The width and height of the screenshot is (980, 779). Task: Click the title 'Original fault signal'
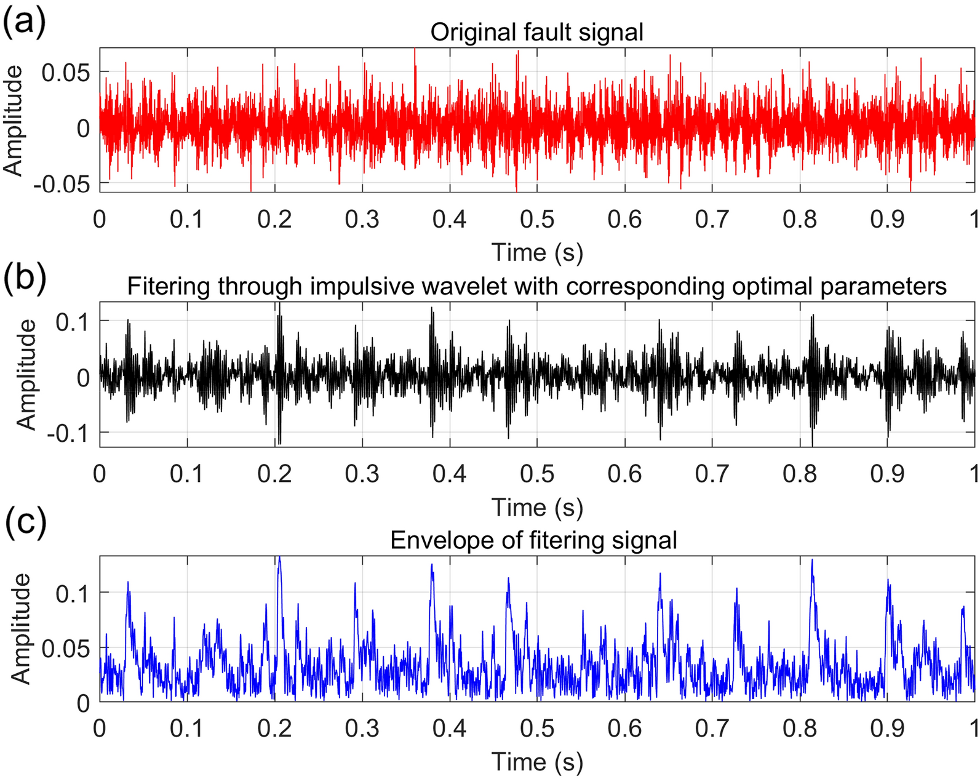click(x=536, y=32)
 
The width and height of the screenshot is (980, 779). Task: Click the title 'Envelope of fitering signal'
click(x=533, y=540)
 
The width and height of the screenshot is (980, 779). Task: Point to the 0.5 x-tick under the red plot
click(x=537, y=220)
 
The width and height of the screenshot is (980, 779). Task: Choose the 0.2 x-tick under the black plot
click(x=274, y=474)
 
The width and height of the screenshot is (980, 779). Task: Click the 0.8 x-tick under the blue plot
click(x=800, y=729)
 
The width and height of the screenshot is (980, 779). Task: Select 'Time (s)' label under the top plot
click(x=537, y=252)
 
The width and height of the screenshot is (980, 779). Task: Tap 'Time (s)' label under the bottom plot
click(x=537, y=762)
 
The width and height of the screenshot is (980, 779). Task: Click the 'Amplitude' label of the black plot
click(x=26, y=375)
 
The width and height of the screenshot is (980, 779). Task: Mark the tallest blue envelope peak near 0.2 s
click(x=279, y=557)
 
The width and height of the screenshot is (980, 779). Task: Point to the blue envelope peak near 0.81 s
click(x=812, y=560)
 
